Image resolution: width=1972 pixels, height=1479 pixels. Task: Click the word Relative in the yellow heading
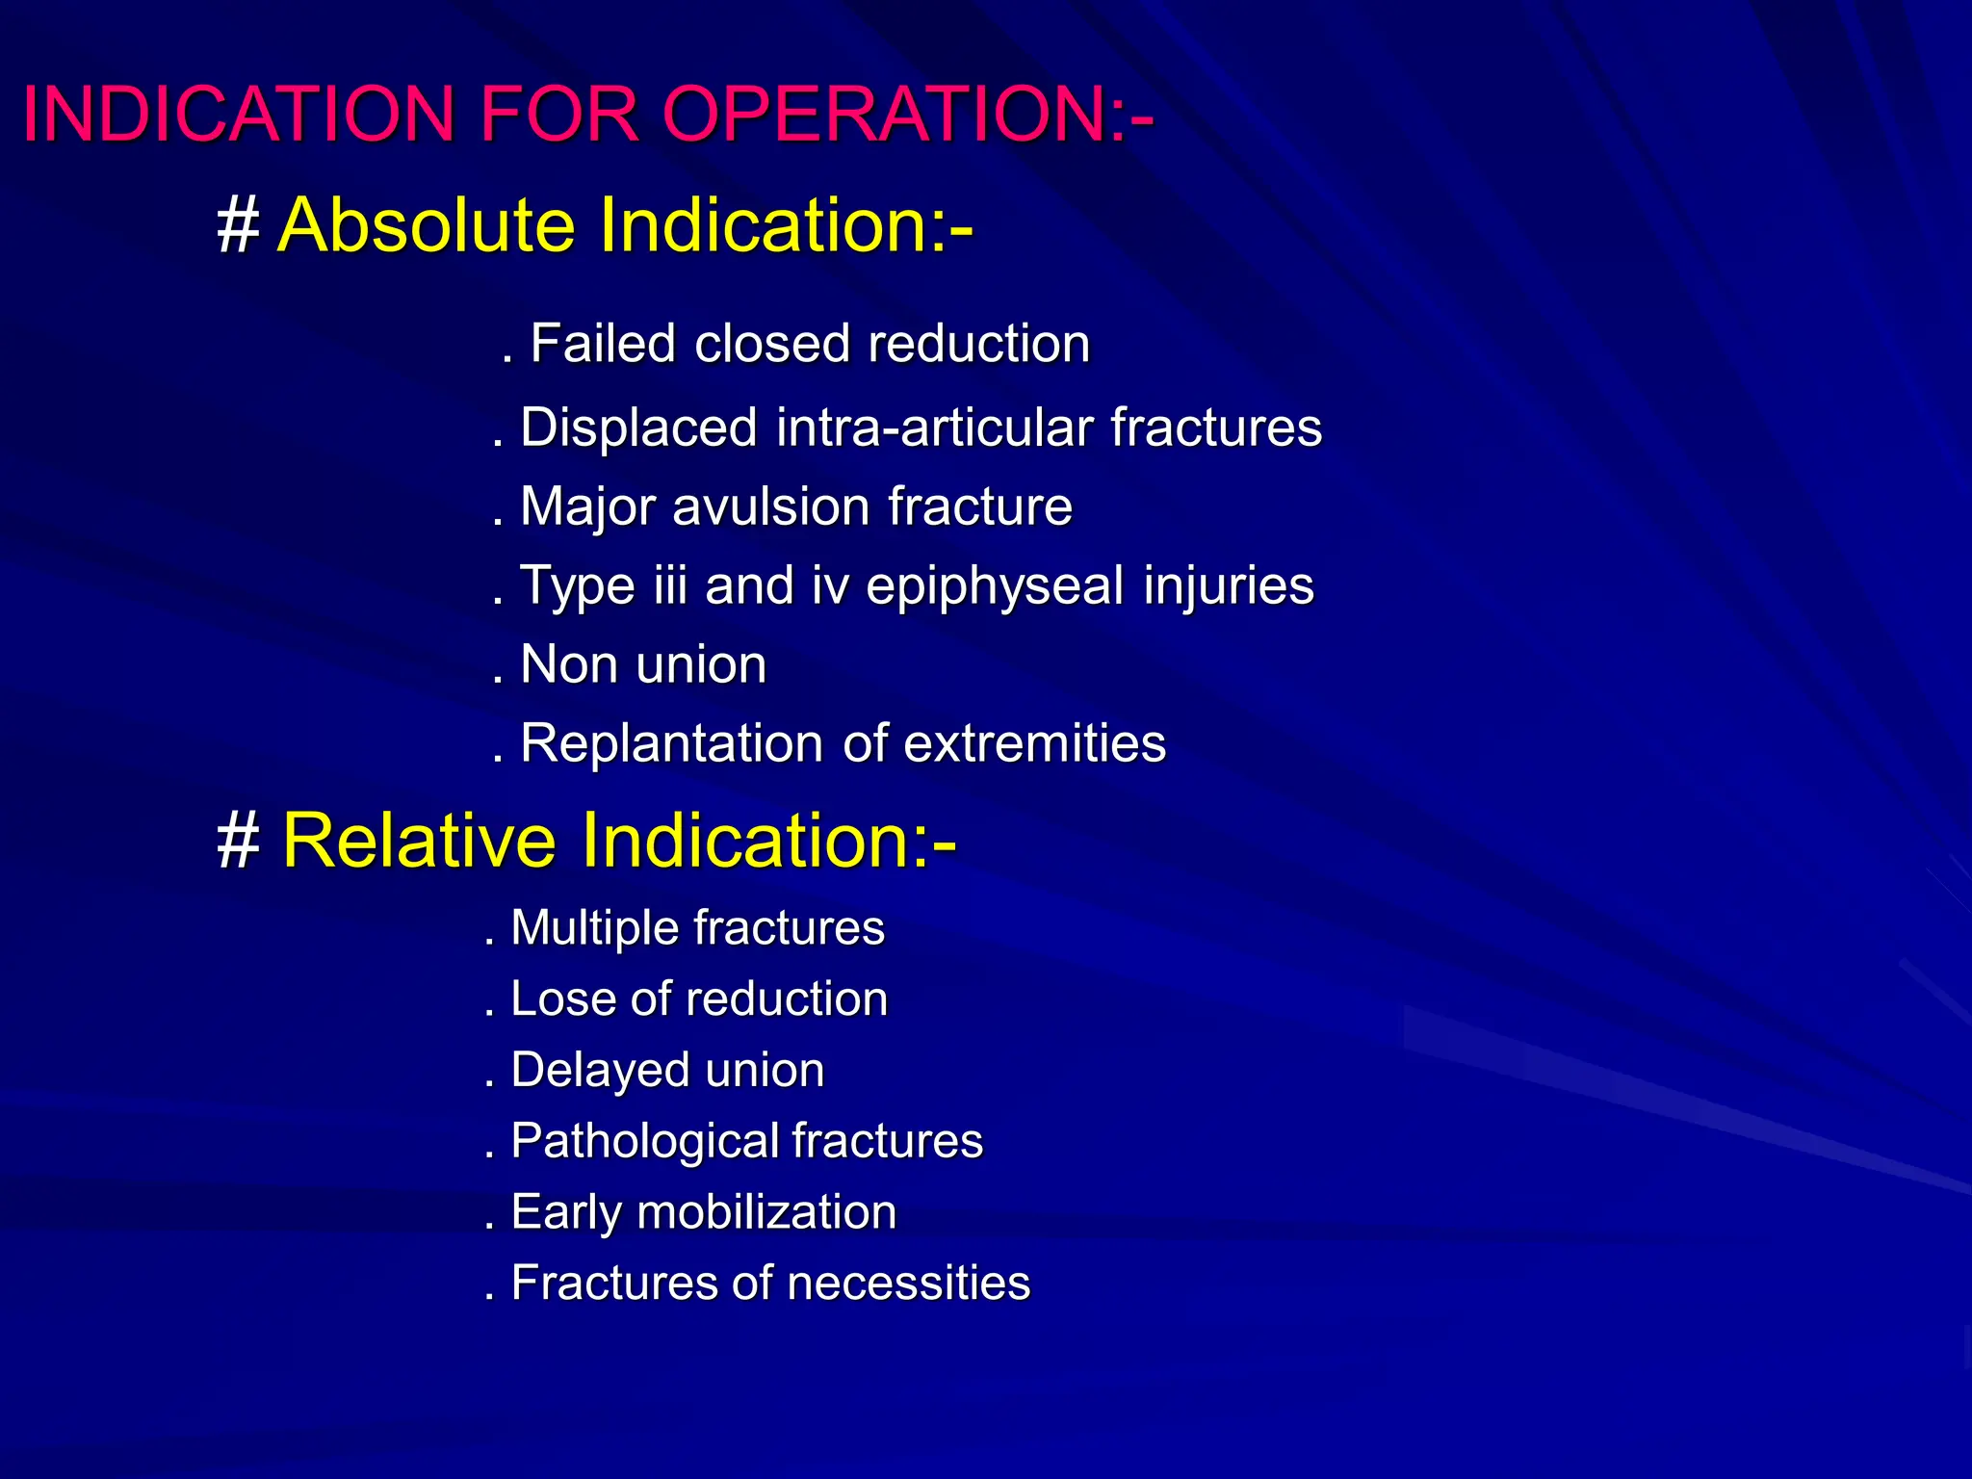pyautogui.click(x=419, y=841)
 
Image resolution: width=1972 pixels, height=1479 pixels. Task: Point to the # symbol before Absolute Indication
pyautogui.click(x=238, y=227)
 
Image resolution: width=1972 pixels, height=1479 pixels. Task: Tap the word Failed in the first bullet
pyautogui.click(x=602, y=344)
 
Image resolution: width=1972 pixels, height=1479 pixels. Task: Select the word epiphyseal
pyautogui.click(x=995, y=586)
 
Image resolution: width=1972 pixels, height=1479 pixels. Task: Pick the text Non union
pyautogui.click(x=642, y=664)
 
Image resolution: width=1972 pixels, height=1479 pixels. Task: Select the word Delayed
pyautogui.click(x=586, y=1070)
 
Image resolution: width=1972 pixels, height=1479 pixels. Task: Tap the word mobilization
pyautogui.click(x=766, y=1211)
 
